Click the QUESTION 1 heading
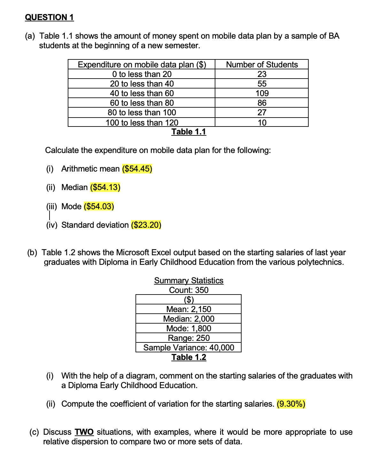click(49, 17)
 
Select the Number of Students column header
click(262, 65)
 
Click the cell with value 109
click(262, 93)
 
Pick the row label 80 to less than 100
click(142, 112)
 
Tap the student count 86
click(262, 103)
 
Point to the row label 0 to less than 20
click(142, 74)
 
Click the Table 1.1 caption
click(189, 132)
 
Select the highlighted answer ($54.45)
click(137, 169)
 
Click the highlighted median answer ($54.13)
click(105, 187)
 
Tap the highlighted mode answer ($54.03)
click(99, 206)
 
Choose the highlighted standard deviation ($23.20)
click(146, 225)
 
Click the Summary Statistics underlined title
click(189, 280)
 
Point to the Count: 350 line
click(189, 290)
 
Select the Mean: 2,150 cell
click(189, 309)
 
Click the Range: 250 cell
click(189, 338)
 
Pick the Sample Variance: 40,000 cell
click(189, 348)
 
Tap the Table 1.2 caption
click(189, 357)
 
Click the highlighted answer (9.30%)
click(291, 404)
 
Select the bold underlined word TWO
click(84, 432)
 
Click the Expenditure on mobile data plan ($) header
click(142, 65)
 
